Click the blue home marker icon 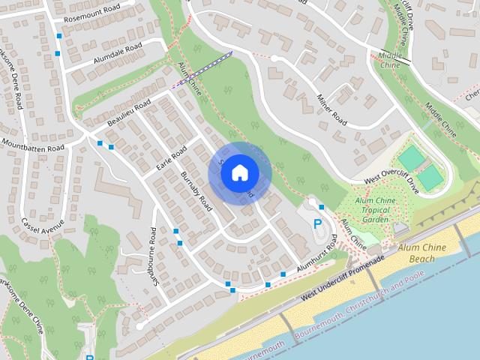[x=238, y=172]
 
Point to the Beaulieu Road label [x=129, y=112]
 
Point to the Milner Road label [x=330, y=109]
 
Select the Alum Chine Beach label [x=428, y=251]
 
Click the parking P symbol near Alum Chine [x=316, y=223]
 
